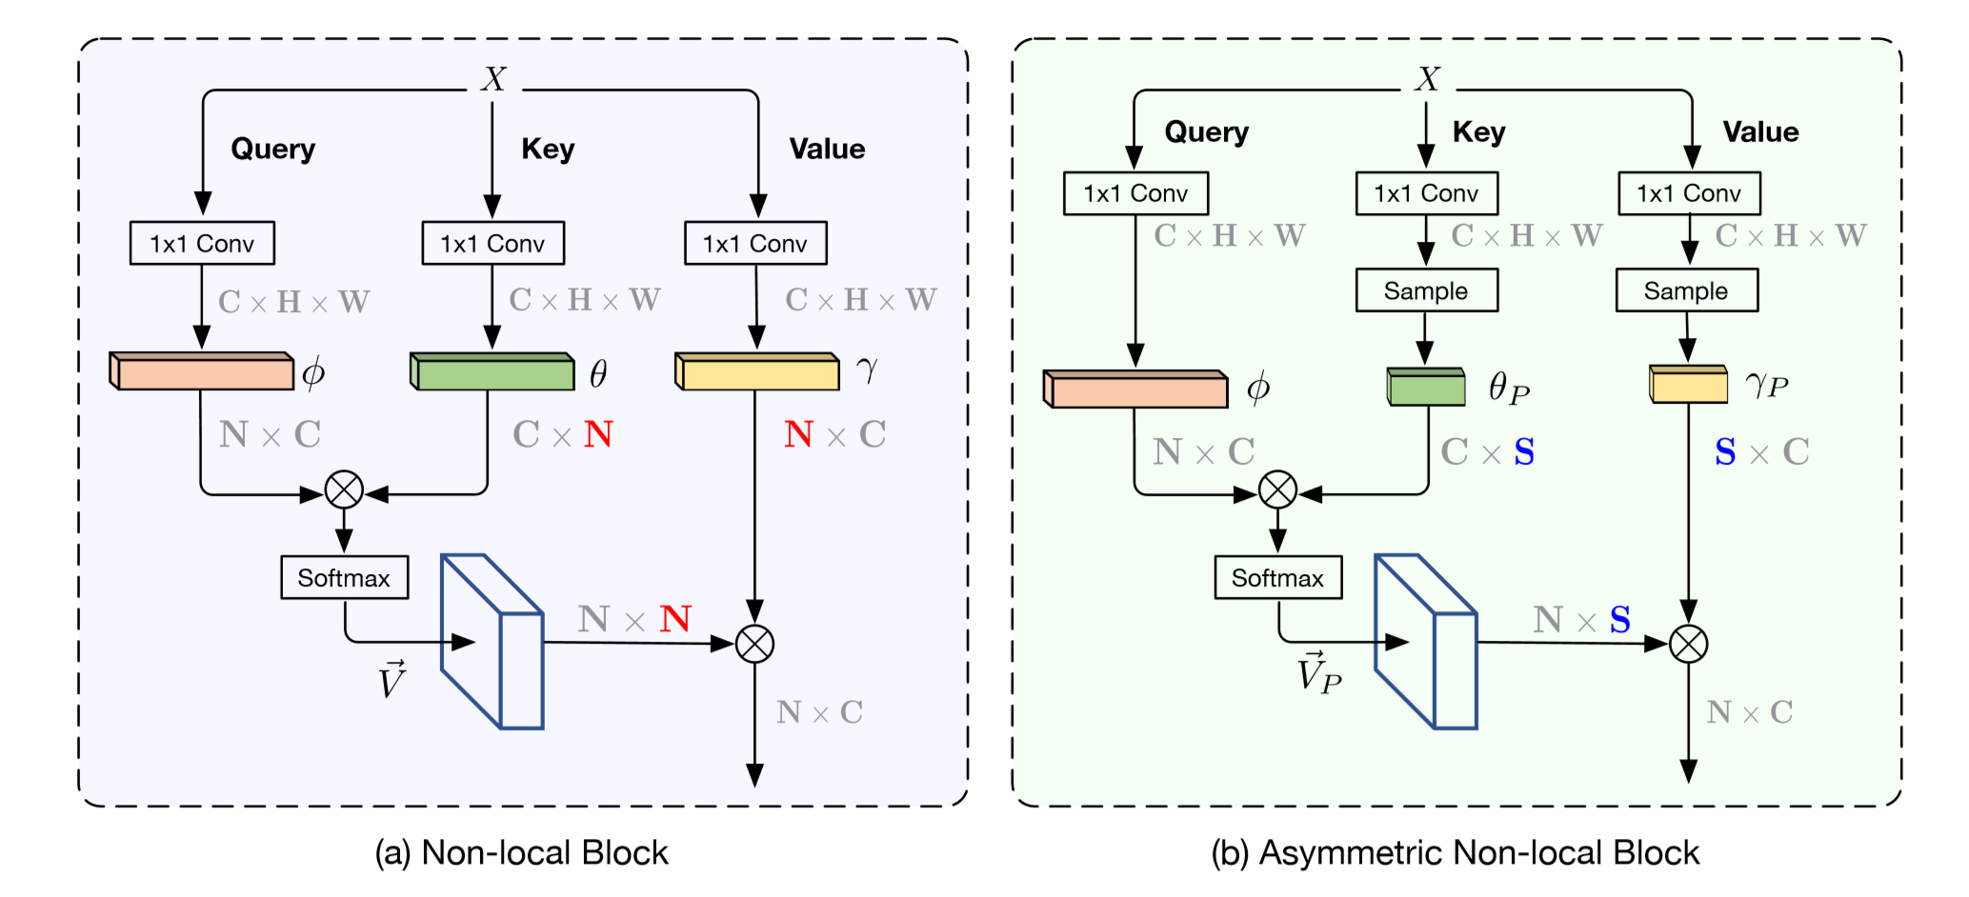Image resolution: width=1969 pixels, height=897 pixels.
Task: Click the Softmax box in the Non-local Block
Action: (x=344, y=578)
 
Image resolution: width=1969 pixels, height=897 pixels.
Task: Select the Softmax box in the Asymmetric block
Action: (x=1277, y=578)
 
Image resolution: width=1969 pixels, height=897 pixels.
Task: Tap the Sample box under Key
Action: (x=1426, y=290)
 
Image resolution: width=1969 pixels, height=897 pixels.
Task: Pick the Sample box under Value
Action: (x=1686, y=290)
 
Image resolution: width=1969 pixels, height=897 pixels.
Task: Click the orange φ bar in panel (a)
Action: (x=202, y=371)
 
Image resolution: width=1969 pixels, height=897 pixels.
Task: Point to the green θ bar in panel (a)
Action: (x=492, y=371)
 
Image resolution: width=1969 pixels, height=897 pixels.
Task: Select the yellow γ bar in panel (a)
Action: (x=756, y=371)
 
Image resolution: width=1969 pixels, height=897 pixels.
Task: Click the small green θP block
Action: (x=1426, y=387)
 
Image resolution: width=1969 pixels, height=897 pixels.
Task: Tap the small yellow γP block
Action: (x=1688, y=384)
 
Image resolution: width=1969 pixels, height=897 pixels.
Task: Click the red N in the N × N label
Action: (x=674, y=620)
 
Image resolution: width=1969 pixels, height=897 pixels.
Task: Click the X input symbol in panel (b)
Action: (x=1427, y=79)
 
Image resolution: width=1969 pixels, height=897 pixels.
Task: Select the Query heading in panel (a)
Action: (x=272, y=149)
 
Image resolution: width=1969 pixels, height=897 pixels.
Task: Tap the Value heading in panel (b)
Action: (x=1760, y=132)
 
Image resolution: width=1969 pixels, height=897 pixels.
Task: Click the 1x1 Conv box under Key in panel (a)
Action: (x=492, y=244)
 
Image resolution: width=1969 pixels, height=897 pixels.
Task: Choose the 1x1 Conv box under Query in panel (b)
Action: (x=1135, y=194)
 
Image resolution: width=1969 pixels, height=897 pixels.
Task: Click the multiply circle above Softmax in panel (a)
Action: (x=344, y=490)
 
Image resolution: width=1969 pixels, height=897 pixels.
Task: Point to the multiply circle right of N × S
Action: (x=1688, y=645)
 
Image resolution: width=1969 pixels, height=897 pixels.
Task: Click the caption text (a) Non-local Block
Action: (x=521, y=853)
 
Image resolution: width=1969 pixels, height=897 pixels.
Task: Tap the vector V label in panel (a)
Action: (x=392, y=680)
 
